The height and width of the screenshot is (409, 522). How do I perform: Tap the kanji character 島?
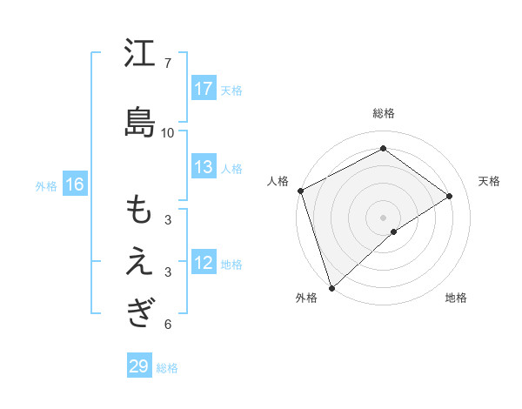[139, 122]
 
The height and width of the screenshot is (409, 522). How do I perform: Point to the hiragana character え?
[139, 262]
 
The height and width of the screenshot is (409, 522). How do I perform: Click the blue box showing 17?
[204, 89]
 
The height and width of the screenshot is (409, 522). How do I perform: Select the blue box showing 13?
[204, 167]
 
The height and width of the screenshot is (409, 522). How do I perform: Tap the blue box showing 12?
[204, 263]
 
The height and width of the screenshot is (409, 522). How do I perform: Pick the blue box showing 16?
[74, 184]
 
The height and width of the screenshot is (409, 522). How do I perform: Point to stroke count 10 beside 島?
[167, 133]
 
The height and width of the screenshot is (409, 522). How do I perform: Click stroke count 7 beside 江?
[167, 64]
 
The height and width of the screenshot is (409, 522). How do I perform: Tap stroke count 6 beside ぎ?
[167, 325]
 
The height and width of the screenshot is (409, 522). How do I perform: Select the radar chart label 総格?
[383, 113]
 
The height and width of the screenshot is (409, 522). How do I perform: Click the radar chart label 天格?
[489, 181]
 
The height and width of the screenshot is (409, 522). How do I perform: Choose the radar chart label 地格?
[456, 298]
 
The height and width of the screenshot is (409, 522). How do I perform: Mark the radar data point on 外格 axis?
[331, 287]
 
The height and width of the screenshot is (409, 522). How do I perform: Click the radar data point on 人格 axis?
[300, 191]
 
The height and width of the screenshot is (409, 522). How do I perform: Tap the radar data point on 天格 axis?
[450, 196]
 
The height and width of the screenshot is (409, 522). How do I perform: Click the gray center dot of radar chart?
[383, 216]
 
